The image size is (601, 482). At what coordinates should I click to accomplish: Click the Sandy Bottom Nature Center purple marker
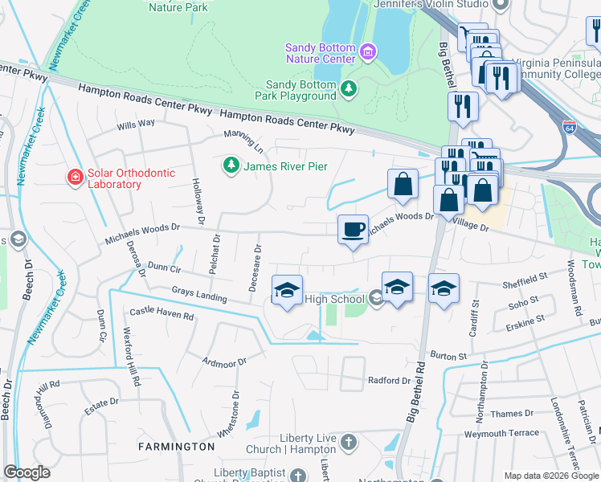click(368, 53)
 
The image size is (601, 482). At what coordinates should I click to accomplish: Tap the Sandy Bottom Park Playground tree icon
click(349, 88)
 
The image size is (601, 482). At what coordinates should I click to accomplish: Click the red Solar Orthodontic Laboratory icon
click(74, 176)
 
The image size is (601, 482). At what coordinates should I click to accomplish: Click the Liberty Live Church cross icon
click(348, 442)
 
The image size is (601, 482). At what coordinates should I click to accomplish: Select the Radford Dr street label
click(389, 380)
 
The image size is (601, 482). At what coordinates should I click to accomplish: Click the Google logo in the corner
click(27, 472)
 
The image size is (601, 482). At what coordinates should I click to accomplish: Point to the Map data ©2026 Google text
click(550, 476)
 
